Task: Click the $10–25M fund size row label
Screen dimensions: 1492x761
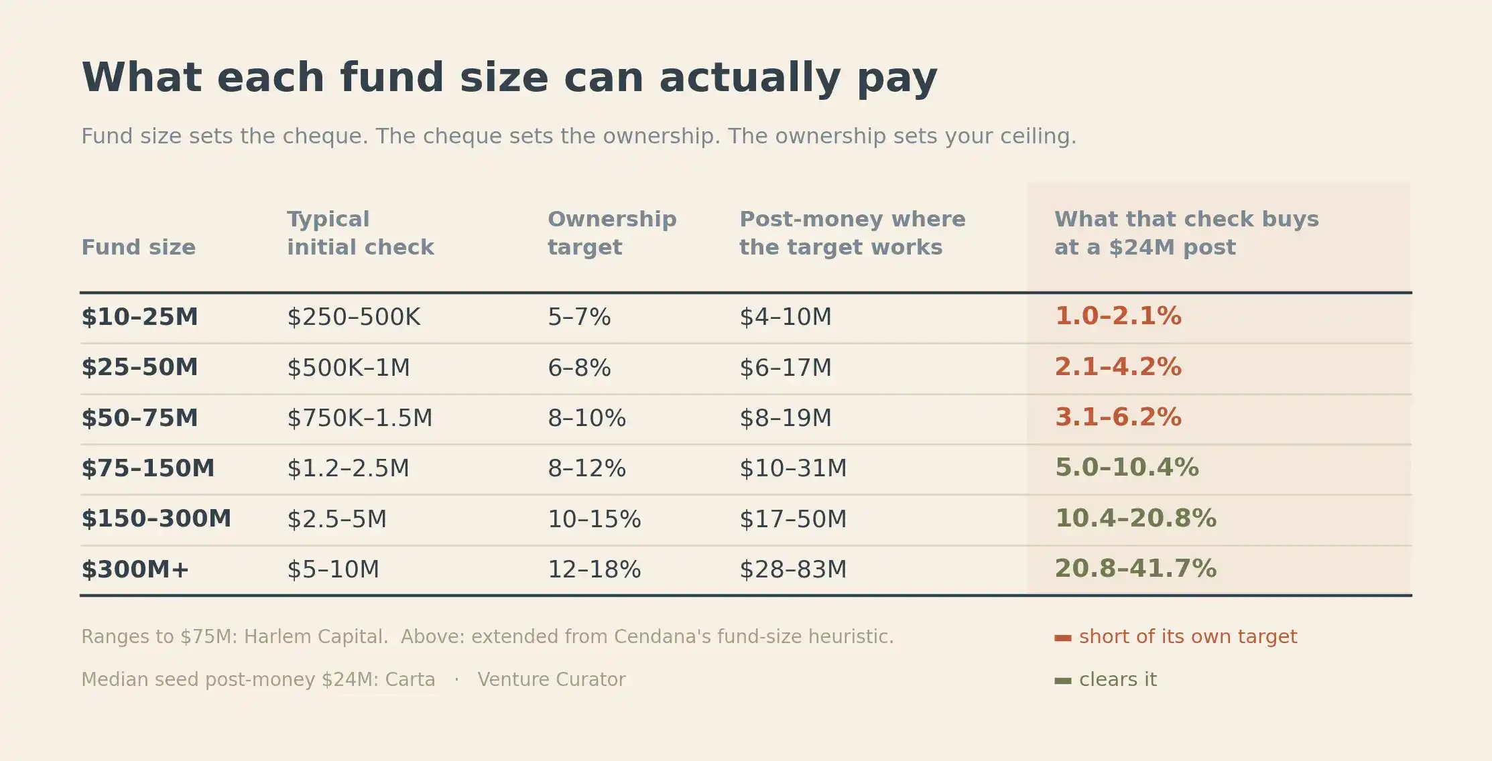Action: coord(139,317)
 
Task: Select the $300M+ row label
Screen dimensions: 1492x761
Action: coord(135,569)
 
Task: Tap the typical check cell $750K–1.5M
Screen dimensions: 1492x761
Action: coord(360,418)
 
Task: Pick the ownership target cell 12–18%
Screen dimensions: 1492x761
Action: coord(594,569)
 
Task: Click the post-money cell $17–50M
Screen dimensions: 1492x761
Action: coord(793,519)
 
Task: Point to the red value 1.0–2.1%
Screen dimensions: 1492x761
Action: coord(1118,316)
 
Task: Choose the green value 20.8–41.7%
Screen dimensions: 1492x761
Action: coord(1135,569)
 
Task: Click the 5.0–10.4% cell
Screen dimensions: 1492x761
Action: coord(1127,468)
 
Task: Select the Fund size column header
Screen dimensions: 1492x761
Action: coord(138,247)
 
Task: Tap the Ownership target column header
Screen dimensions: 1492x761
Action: coord(612,233)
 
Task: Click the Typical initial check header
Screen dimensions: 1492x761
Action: coord(361,233)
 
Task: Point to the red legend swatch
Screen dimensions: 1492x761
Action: coord(1063,638)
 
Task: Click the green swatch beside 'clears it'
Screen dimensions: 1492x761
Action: coord(1063,681)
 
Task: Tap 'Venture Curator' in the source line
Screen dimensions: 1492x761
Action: coord(552,679)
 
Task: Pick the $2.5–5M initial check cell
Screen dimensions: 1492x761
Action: coord(336,519)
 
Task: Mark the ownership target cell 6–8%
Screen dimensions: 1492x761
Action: coord(579,368)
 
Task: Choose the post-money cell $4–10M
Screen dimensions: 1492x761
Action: coord(786,317)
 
